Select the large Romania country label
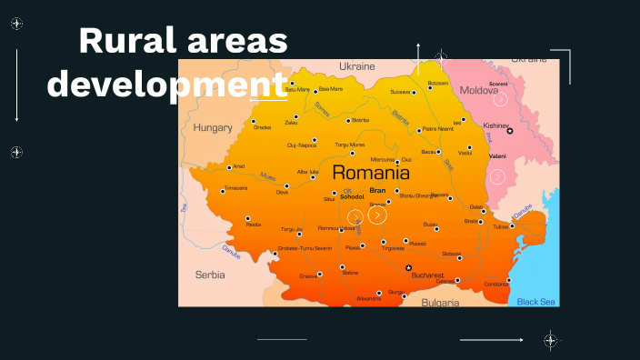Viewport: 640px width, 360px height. pos(370,172)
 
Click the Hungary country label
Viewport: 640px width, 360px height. pos(213,128)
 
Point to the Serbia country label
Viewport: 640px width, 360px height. pos(210,274)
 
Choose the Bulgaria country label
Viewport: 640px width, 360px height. pos(441,302)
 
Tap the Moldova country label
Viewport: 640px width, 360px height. pos(478,91)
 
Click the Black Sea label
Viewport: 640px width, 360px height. pos(536,302)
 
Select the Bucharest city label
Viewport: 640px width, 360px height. pos(426,275)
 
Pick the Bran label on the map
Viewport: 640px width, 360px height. pos(377,190)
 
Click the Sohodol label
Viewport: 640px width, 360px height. pos(352,196)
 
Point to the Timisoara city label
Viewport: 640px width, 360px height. pos(235,188)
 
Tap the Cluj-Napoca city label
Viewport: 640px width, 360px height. pos(302,145)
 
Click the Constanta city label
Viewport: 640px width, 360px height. pos(496,285)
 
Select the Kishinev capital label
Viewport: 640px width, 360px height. pos(496,125)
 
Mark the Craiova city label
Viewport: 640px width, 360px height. pos(309,275)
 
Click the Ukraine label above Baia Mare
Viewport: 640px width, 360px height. pos(356,67)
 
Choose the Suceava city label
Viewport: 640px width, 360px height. pos(400,92)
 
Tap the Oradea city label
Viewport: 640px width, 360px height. pos(263,127)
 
